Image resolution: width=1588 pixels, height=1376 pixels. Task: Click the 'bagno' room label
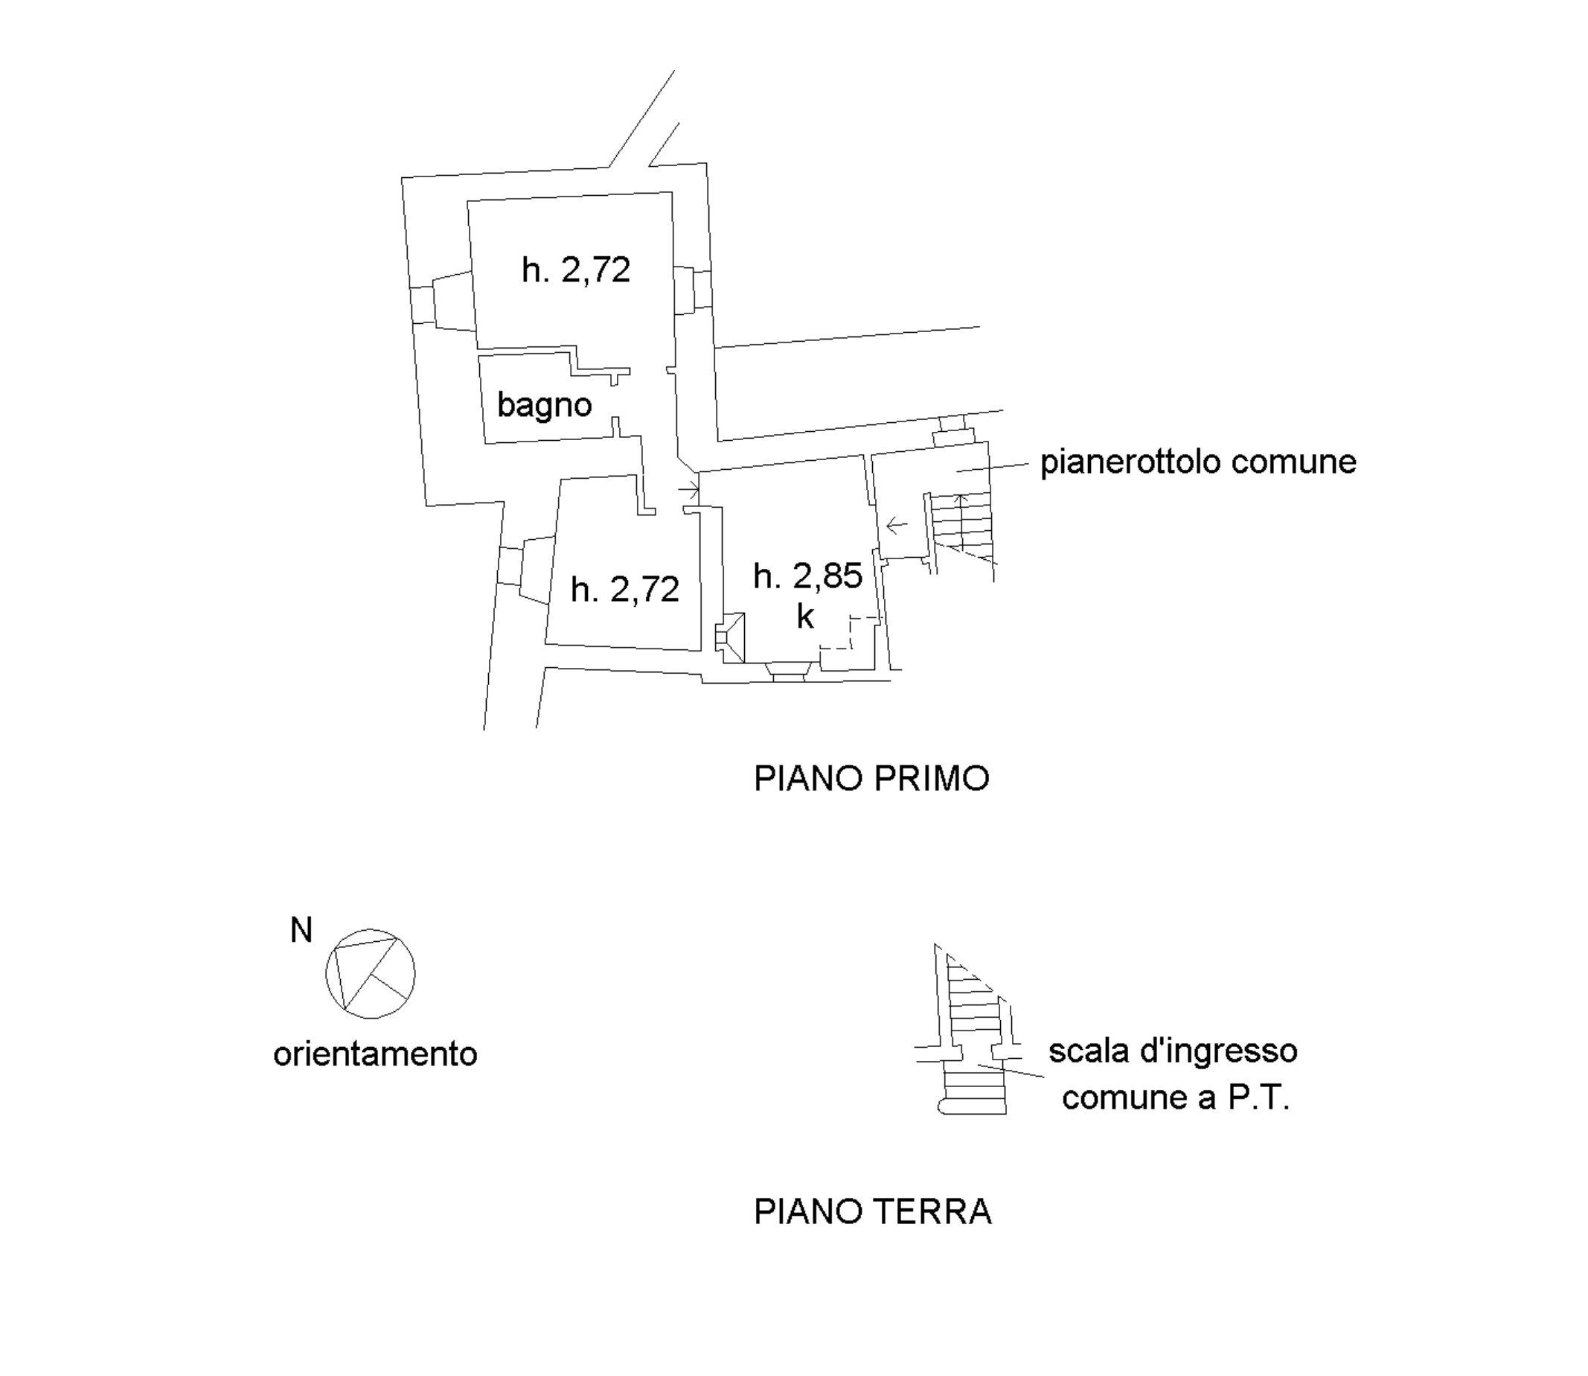(544, 405)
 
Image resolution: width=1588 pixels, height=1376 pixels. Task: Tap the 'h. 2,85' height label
(807, 575)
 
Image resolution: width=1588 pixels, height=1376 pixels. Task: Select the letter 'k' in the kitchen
(805, 616)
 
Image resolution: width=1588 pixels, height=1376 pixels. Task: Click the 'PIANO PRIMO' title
(872, 779)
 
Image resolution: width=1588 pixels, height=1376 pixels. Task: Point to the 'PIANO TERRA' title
(873, 1211)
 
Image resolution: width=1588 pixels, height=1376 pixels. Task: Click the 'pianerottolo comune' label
(1198, 462)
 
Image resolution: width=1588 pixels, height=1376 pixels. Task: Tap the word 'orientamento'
(375, 1054)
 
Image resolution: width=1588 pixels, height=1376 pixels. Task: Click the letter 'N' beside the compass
(301, 930)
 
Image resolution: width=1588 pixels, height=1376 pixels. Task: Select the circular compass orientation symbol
(371, 974)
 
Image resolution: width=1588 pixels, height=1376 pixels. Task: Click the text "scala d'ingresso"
(1173, 1051)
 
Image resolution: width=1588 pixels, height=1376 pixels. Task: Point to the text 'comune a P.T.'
(1176, 1098)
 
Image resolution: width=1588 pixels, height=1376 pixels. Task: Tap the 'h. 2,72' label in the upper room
(576, 270)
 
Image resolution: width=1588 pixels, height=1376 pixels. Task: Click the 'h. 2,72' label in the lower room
(625, 590)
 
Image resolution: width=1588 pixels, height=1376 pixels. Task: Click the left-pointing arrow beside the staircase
(897, 526)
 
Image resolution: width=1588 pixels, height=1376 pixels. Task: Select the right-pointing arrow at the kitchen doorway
(688, 489)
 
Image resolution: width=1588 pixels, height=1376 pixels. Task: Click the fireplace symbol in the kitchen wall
(730, 637)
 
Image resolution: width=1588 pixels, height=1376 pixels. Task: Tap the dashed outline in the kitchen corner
(850, 633)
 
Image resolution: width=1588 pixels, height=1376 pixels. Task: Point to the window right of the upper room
(693, 290)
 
